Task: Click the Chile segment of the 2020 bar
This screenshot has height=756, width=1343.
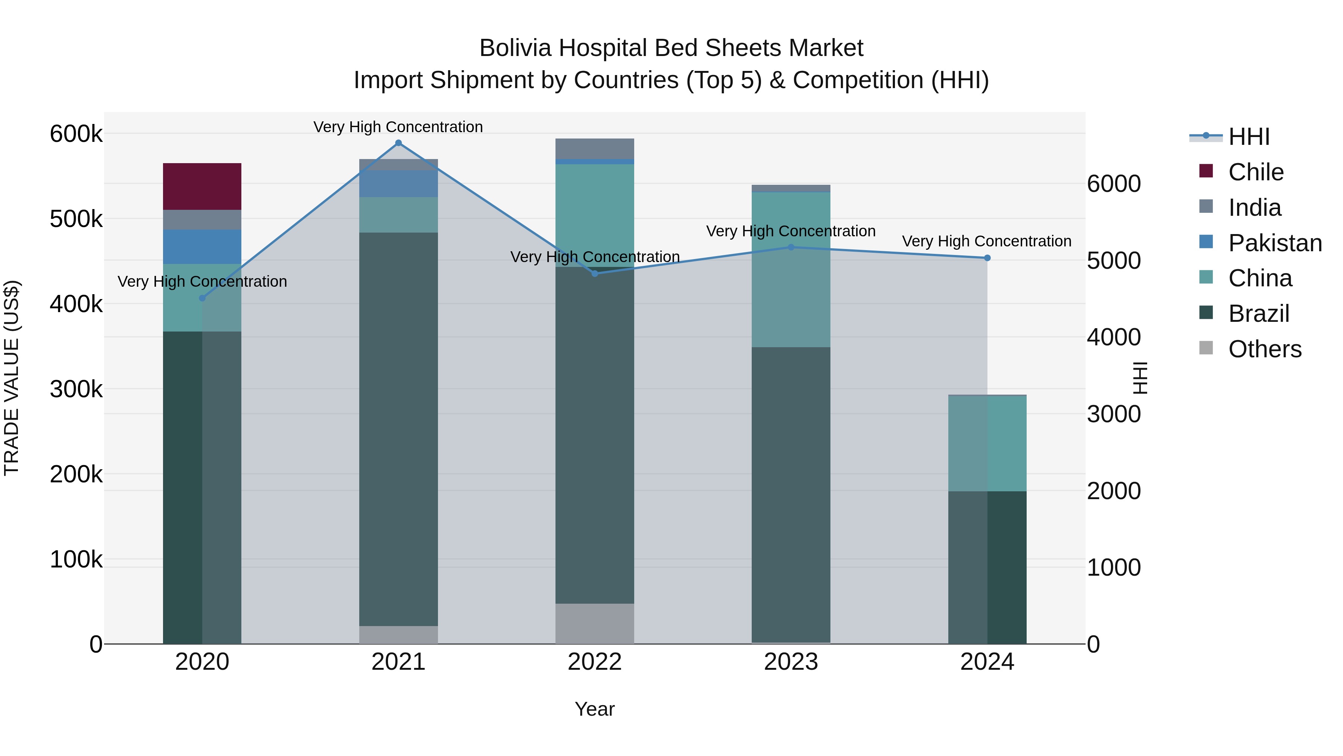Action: (202, 186)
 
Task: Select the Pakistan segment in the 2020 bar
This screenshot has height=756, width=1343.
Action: (202, 246)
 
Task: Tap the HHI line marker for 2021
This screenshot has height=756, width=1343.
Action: (398, 143)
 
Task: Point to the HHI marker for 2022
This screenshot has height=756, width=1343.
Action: (595, 273)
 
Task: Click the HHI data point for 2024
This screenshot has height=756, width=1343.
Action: (987, 258)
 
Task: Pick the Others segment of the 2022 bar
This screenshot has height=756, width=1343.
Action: (595, 623)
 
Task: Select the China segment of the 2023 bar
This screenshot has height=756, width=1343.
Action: (791, 269)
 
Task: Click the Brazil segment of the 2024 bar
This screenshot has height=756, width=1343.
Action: (987, 567)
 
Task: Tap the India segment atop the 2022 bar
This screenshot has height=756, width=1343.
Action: (595, 149)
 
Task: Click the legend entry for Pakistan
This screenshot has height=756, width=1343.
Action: (1275, 243)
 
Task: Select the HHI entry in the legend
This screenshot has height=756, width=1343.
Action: (1249, 137)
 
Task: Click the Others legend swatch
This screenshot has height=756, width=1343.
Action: (1206, 348)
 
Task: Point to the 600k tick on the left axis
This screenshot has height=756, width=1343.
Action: (76, 134)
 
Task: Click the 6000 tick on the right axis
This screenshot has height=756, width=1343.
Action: (1114, 184)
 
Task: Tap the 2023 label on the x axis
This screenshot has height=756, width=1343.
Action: (791, 662)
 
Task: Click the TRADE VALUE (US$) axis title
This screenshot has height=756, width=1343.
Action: (12, 378)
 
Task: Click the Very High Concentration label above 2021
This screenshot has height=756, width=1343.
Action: (398, 127)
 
